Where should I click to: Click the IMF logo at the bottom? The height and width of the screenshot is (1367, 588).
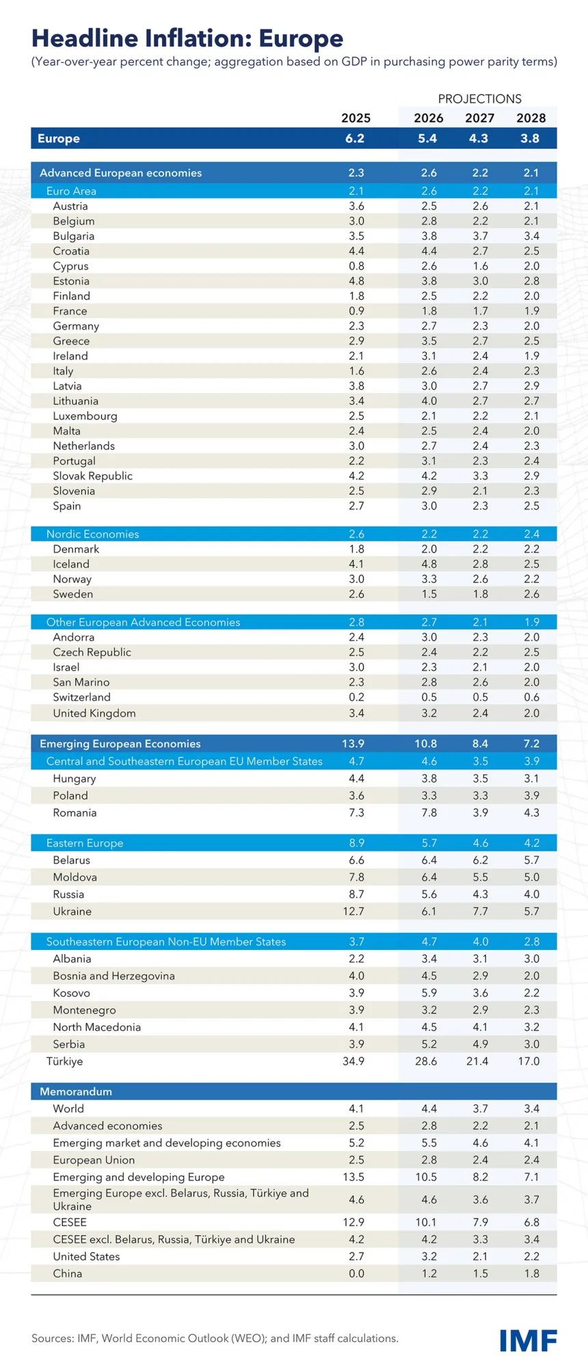[528, 1340]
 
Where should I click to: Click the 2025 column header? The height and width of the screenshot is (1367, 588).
[356, 118]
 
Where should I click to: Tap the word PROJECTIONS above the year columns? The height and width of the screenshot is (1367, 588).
[479, 99]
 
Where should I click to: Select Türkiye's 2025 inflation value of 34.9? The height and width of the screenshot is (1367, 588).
[353, 1061]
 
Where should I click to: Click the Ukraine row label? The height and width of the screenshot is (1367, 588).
[72, 911]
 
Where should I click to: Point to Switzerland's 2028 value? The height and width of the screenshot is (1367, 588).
[531, 697]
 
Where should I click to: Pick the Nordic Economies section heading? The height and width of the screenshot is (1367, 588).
[92, 534]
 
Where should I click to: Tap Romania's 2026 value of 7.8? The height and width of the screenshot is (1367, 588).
[429, 813]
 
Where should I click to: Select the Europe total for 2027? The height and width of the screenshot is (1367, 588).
[479, 139]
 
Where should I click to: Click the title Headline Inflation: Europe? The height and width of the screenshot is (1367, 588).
[187, 38]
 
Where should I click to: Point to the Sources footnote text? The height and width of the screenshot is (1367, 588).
[215, 1338]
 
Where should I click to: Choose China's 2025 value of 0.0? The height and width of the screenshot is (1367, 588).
[356, 1273]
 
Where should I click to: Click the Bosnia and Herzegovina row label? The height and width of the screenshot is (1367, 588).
[113, 976]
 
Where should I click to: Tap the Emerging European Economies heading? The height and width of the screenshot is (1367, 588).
[120, 744]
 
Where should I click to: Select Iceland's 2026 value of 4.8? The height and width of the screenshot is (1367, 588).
[429, 564]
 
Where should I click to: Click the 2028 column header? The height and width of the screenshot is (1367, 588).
[531, 118]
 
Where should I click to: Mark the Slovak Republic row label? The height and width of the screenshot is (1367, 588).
[93, 476]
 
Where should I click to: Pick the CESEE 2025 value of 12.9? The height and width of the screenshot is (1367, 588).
[353, 1222]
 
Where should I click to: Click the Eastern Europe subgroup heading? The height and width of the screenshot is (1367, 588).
[85, 843]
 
